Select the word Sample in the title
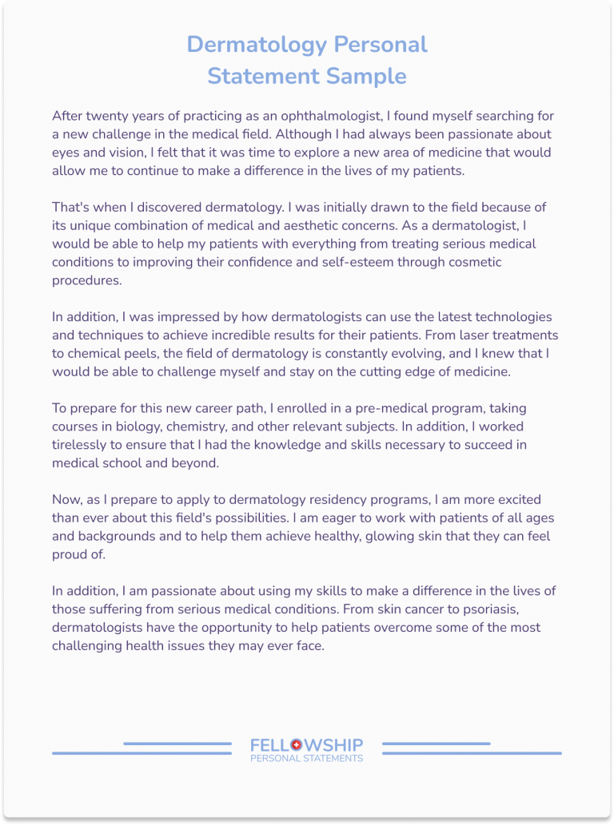[x=367, y=76]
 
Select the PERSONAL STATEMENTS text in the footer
[x=306, y=759]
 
